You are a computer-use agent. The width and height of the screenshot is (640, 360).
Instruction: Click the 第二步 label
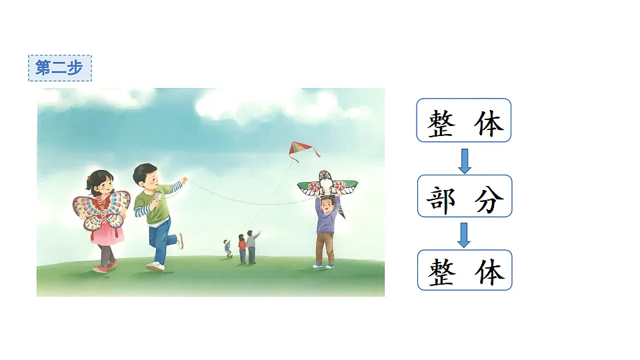(x=59, y=68)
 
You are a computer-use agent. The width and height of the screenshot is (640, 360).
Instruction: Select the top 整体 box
(x=464, y=120)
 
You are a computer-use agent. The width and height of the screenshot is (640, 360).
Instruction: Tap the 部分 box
(x=464, y=196)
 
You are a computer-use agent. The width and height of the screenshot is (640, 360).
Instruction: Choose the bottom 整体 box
(x=464, y=270)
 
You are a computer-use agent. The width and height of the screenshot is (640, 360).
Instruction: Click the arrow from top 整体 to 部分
(x=465, y=160)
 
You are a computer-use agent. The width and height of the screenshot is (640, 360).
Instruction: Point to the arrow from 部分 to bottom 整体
(x=465, y=235)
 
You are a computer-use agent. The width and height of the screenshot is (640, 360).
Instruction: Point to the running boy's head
(x=145, y=176)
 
